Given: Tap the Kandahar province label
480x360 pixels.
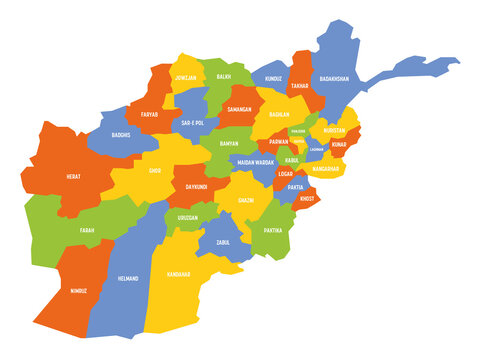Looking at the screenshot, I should pos(178,274).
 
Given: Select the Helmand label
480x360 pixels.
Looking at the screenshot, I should pos(128,278).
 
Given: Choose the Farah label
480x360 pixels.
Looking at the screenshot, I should pos(87,230).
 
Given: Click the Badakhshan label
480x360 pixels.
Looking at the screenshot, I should pos(334,78).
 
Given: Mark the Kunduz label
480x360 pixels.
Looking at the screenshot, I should pos(274,78).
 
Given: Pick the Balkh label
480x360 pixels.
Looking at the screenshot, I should pos(224,75).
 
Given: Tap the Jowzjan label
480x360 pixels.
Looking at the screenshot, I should pos(184,77).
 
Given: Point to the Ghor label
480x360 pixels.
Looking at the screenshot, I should pos(154,171).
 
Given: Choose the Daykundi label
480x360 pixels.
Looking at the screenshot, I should pos(196,185).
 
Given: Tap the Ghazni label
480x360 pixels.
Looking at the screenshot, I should pos(245,201).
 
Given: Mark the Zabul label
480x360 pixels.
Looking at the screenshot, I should pos(223,241).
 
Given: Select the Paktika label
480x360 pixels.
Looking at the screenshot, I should pos(273,230).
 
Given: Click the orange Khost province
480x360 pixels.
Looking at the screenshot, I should pos(308,199).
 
